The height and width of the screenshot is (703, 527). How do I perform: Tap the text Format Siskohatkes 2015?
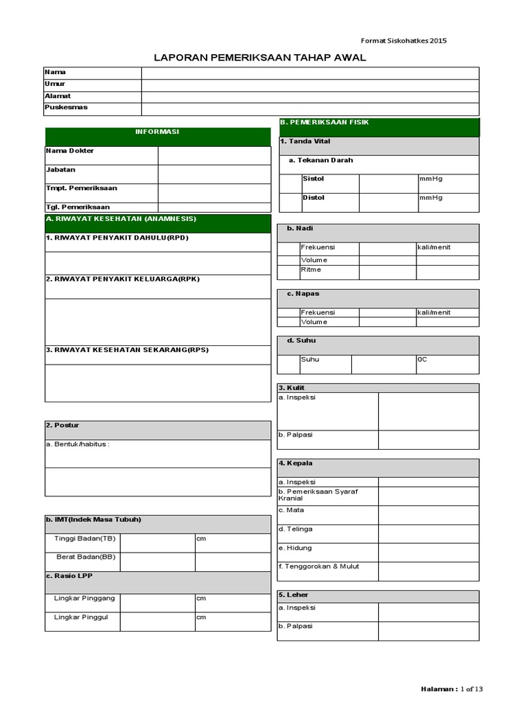pyautogui.click(x=404, y=41)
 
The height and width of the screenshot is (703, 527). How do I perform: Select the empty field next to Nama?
pyautogui.click(x=310, y=73)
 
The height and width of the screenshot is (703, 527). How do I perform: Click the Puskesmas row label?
pyautogui.click(x=67, y=108)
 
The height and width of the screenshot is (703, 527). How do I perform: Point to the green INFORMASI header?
pyautogui.click(x=157, y=132)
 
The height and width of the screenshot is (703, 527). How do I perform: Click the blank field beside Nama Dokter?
pyautogui.click(x=214, y=155)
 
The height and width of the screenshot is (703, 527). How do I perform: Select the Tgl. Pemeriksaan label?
pyautogui.click(x=78, y=207)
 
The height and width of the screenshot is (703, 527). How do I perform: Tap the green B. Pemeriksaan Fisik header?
pyautogui.click(x=325, y=122)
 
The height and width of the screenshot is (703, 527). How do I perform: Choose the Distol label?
pyautogui.click(x=314, y=198)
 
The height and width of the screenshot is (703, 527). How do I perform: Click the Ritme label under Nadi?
pyautogui.click(x=311, y=270)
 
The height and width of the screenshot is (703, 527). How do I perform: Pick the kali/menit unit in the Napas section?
pyautogui.click(x=434, y=312)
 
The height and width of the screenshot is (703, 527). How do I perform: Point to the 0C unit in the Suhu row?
pyautogui.click(x=422, y=359)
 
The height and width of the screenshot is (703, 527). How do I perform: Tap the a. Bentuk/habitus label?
pyautogui.click(x=78, y=444)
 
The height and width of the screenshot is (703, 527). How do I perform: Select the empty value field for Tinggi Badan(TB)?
pyautogui.click(x=157, y=542)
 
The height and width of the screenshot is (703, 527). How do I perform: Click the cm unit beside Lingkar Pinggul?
pyautogui.click(x=201, y=617)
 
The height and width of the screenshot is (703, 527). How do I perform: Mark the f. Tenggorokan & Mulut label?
pyautogui.click(x=318, y=566)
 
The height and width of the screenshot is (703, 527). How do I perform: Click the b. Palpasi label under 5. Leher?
pyautogui.click(x=295, y=626)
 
